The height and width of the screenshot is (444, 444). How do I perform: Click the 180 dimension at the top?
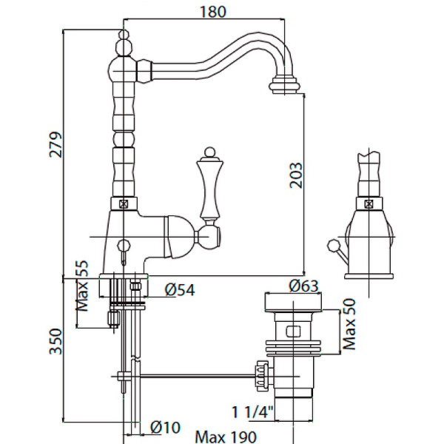pos(212,11)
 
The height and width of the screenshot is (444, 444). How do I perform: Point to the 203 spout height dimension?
pos(296,175)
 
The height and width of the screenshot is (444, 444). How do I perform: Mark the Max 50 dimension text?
pos(351,324)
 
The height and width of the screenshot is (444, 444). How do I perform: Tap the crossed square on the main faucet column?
pos(124,201)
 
